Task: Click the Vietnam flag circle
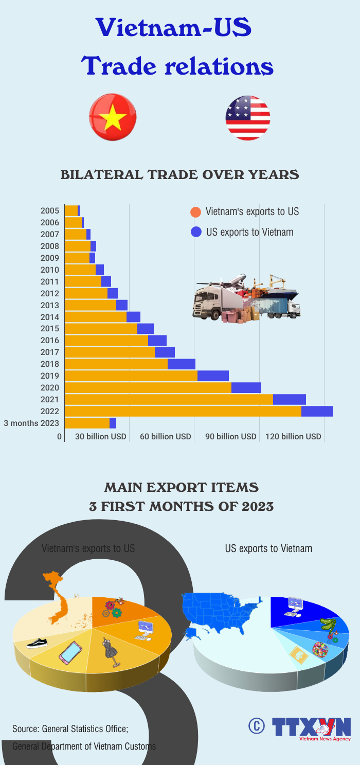coord(113,117)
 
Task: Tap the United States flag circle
coord(247,118)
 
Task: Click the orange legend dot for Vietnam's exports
coord(195,212)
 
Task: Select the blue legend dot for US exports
coord(195,232)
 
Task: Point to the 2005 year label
coord(50,210)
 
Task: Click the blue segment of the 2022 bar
coord(317,411)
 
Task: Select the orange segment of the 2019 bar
coord(131,376)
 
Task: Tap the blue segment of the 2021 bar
coord(290,399)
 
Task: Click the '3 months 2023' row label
coord(31,423)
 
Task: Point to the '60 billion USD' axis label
coord(166,437)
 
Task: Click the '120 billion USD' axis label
coord(293,437)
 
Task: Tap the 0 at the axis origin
coord(60,437)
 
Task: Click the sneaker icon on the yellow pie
coord(37,643)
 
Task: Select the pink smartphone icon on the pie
coord(70,652)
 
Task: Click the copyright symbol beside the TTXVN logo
coord(256,725)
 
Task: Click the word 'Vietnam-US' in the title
coord(174,28)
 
